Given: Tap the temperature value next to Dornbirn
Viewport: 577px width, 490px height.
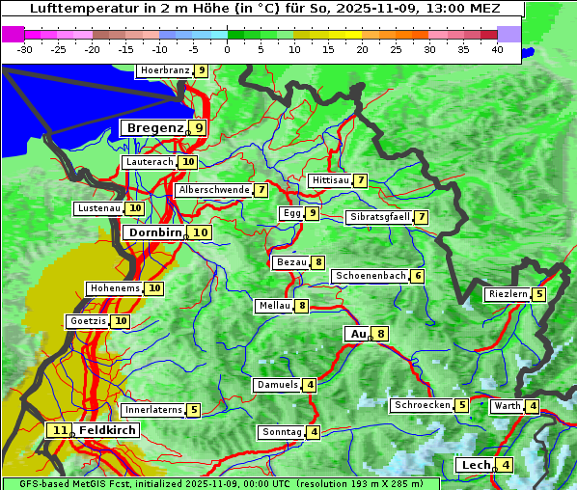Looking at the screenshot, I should (x=200, y=232).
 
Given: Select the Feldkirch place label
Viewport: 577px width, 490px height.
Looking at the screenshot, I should (x=107, y=430).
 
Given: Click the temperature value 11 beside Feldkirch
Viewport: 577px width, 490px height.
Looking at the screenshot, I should (x=60, y=430).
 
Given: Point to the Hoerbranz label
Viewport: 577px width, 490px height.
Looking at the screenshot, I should (x=164, y=70).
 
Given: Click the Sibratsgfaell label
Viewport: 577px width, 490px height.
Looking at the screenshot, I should (x=379, y=217).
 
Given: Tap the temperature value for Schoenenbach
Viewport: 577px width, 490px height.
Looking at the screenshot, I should (x=417, y=276).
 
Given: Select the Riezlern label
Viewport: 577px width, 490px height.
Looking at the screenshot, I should (x=508, y=294).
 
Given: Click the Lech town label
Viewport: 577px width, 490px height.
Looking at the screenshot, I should (x=476, y=465).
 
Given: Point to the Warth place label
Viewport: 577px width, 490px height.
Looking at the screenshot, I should (x=507, y=406).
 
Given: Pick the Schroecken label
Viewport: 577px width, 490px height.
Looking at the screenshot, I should (x=423, y=405).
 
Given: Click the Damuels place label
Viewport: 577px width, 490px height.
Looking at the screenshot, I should (x=277, y=385).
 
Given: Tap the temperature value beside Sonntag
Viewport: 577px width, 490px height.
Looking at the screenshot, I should (x=314, y=432).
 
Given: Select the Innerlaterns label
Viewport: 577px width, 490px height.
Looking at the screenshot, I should (x=153, y=410).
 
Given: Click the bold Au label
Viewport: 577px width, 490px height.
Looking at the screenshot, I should (x=357, y=334).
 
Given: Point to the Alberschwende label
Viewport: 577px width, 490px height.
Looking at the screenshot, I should (x=213, y=190).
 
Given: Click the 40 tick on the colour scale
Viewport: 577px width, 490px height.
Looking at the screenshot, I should (x=497, y=48).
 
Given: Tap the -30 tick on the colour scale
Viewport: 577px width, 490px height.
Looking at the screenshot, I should (x=25, y=48).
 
